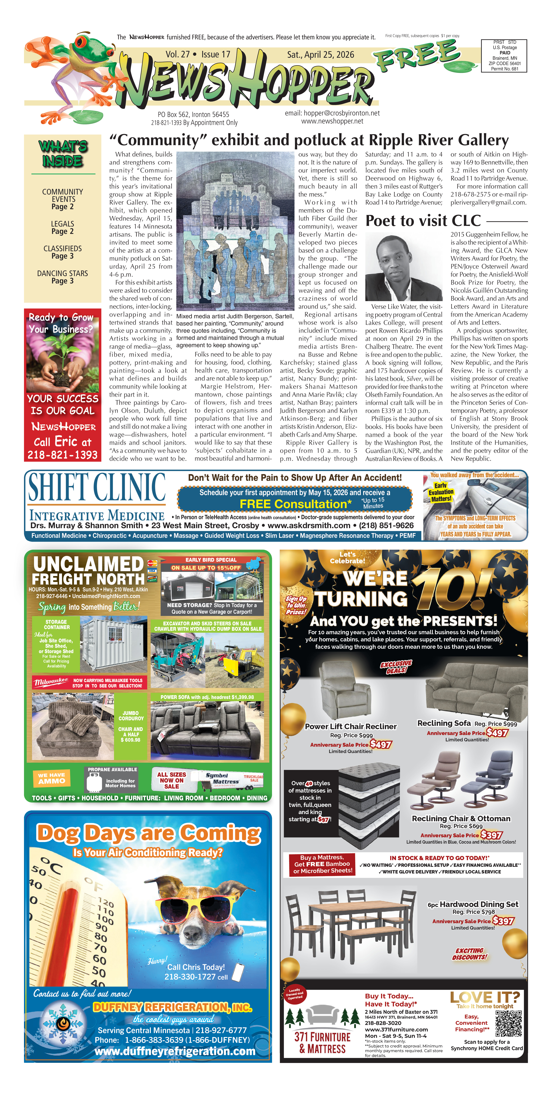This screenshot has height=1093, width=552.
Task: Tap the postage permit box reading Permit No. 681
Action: tap(504, 56)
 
